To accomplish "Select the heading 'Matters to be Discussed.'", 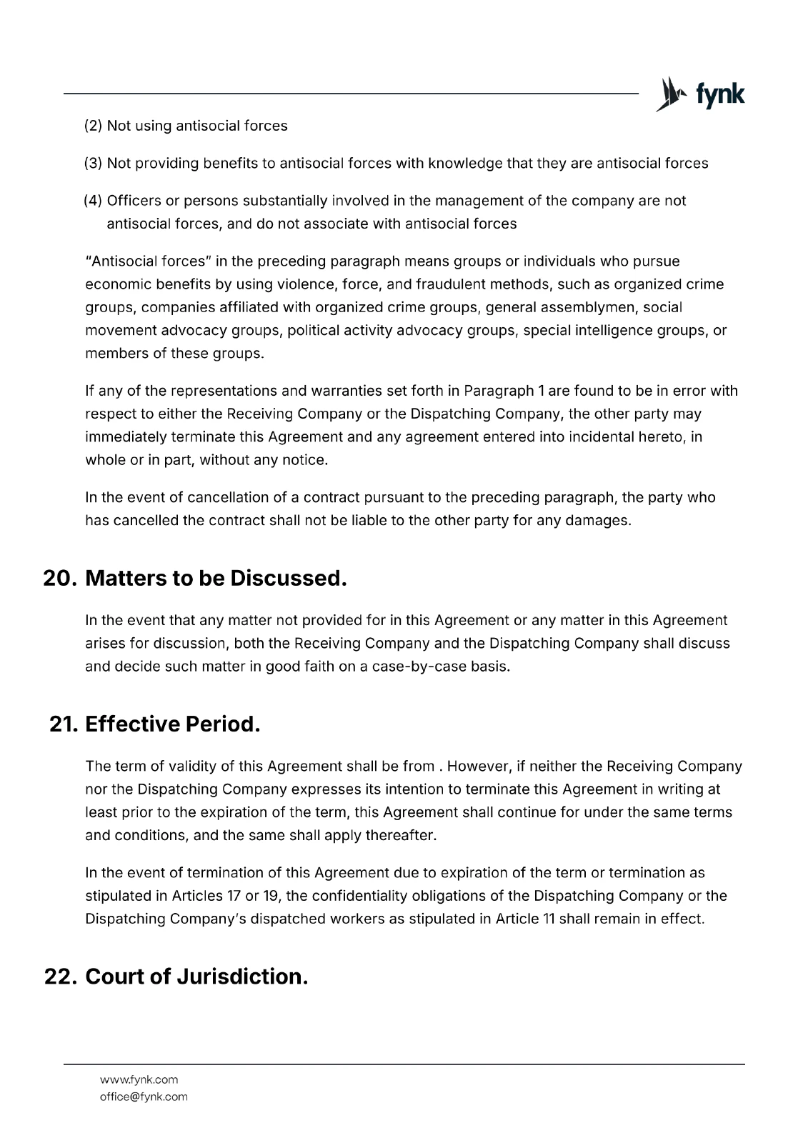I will click(x=216, y=578).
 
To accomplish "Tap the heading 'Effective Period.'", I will click(x=172, y=724).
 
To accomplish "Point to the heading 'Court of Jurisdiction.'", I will click(x=196, y=976).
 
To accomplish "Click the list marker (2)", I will click(x=94, y=126).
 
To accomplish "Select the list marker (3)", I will click(x=94, y=164).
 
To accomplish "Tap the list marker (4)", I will click(x=94, y=201).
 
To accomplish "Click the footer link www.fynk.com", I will click(x=139, y=1079).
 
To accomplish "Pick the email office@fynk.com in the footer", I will click(x=144, y=1097).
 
